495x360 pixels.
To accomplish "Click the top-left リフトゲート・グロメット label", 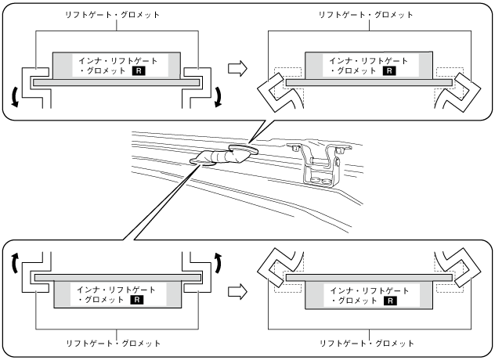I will pos(116,15).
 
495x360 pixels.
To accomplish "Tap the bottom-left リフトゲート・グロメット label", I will pos(116,344).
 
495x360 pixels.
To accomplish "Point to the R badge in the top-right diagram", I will pos(391,70).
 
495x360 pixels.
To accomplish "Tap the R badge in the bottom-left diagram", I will pos(138,300).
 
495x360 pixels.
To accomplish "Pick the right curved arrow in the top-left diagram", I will pos(219,95).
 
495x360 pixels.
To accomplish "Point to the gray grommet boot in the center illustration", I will pos(219,157).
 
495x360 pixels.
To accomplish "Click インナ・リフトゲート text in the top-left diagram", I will pos(116,60).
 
